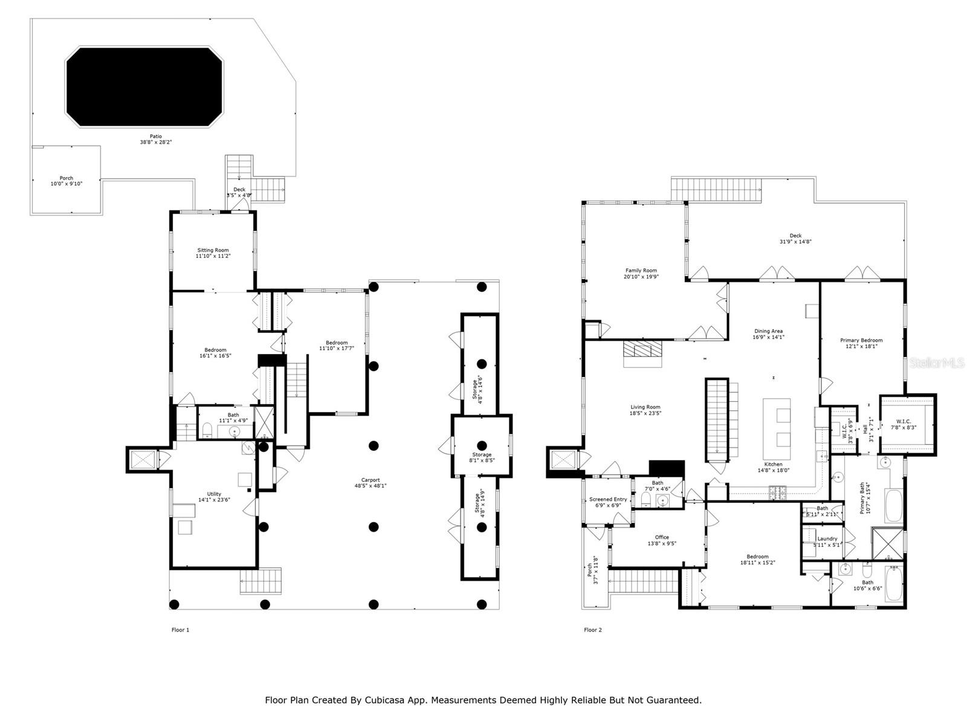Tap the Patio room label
point(156,137)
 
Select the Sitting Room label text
point(213,250)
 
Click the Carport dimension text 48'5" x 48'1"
point(370,486)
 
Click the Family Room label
point(641,271)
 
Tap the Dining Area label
point(768,331)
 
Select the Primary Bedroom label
point(861,340)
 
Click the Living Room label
point(645,407)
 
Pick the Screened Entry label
point(608,500)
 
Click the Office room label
point(662,537)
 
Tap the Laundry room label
point(827,539)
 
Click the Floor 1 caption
point(180,630)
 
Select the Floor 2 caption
point(592,630)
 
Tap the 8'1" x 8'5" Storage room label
point(482,454)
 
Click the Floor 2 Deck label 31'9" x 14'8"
point(795,236)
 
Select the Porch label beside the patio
point(66,178)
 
